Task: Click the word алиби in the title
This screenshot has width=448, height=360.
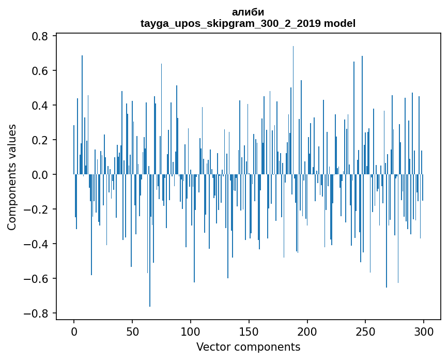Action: coord(248,12)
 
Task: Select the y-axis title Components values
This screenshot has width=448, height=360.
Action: coord(12,177)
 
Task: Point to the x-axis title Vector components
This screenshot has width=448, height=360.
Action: coord(248,347)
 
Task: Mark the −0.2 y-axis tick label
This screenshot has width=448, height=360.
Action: coord(38,209)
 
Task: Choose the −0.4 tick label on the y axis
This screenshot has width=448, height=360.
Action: coord(38,244)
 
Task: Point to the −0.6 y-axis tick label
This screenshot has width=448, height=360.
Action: coord(38,279)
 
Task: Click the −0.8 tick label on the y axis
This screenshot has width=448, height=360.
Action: coord(38,313)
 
